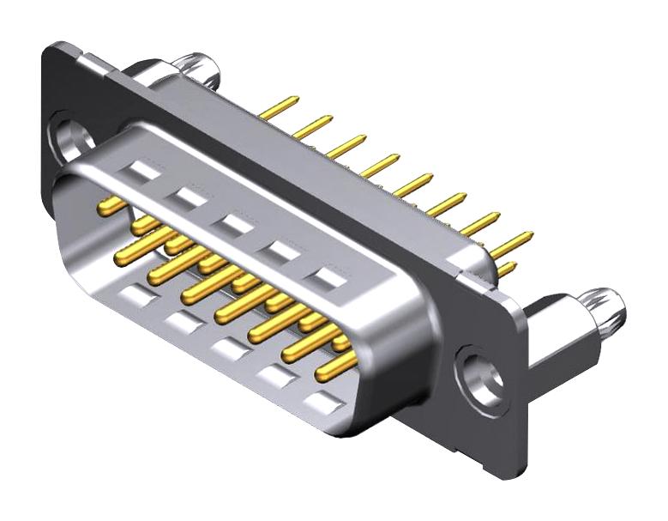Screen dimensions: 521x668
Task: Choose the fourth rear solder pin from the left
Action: (380, 164)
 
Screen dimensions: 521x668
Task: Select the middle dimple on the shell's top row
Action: (233, 226)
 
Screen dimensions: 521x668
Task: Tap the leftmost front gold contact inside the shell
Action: (111, 205)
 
